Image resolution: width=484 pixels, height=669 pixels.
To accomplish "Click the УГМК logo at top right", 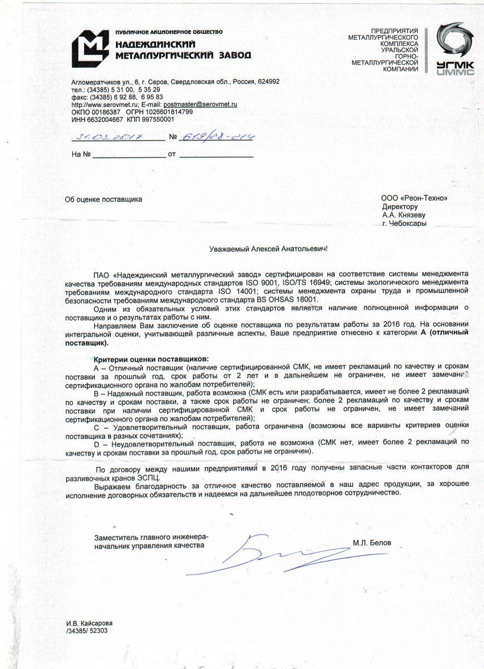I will pyautogui.click(x=455, y=49).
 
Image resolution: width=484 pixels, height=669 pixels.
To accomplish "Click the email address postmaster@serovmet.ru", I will pyautogui.click(x=201, y=104).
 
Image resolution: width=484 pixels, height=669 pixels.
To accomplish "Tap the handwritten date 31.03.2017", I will pyautogui.click(x=110, y=136).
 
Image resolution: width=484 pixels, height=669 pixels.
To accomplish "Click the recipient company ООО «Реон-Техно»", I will pyautogui.click(x=414, y=198).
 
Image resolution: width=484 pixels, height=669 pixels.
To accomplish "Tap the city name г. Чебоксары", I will pyautogui.click(x=404, y=223).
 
